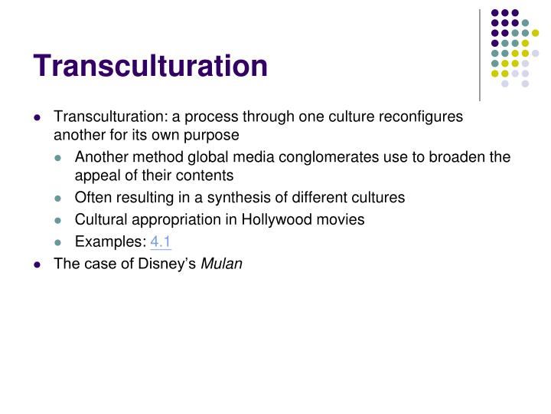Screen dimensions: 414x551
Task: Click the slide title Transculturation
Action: point(150,65)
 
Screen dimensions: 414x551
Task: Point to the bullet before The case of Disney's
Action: point(37,264)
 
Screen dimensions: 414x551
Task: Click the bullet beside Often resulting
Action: point(60,198)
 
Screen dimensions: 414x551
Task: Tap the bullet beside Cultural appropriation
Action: point(60,220)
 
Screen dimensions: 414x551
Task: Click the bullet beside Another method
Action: point(60,158)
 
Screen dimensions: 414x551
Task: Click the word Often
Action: point(92,197)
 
